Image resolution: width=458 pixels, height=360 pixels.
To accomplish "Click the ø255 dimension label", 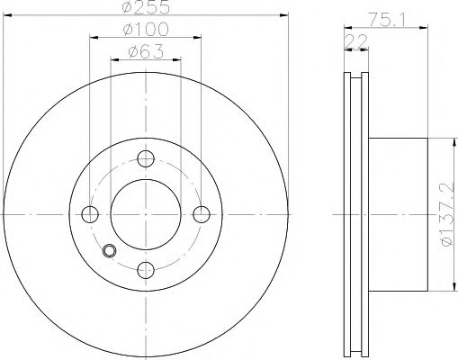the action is pos(146,7).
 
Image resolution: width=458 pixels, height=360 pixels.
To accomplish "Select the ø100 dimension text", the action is pos(146,29).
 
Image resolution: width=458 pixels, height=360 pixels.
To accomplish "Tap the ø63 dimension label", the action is pos(146,51).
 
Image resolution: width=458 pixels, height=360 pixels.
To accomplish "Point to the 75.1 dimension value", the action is pos(387,21).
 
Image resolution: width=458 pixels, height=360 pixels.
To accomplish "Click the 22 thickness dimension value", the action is pos(356,41).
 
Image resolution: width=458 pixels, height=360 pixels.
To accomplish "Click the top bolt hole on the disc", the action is pos(146,158).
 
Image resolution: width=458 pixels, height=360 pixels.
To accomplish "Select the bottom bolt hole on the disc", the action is pos(146,270).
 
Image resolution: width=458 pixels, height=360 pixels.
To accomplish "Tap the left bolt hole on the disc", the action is pos(90,214).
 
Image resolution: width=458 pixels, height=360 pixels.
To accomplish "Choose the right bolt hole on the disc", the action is pos(202,214).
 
